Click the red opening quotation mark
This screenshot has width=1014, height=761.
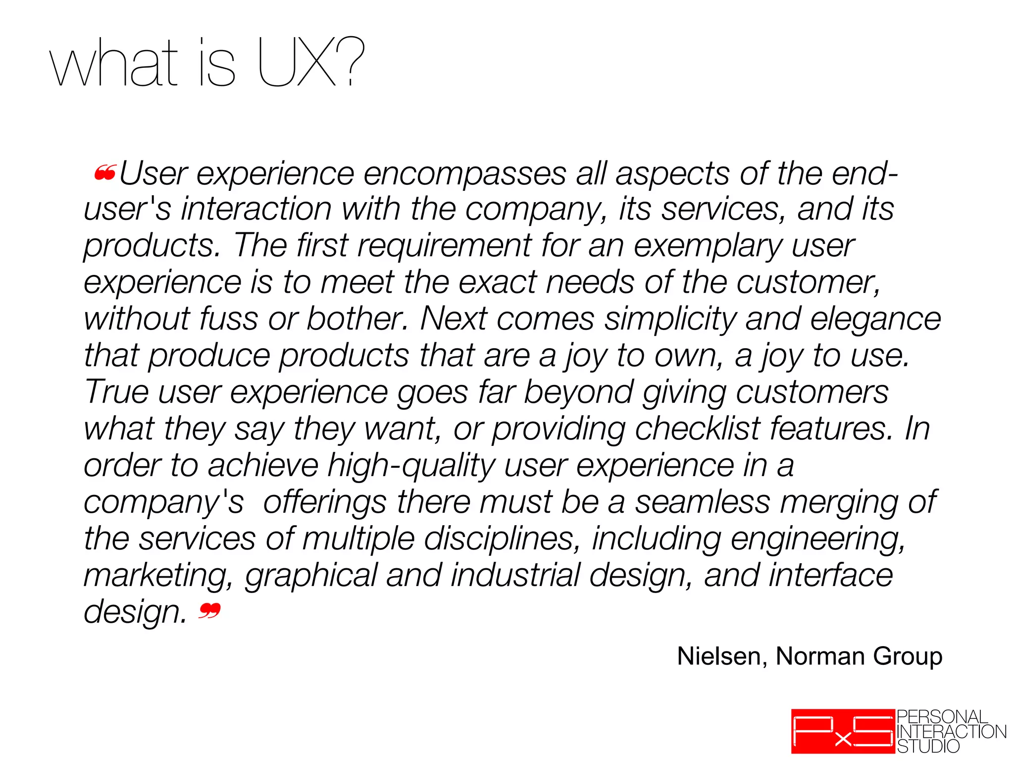pyautogui.click(x=105, y=173)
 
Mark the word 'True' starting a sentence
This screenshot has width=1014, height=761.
pyautogui.click(x=116, y=391)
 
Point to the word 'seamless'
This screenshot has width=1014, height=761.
pyautogui.click(x=703, y=502)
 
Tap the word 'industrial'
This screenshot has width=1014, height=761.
pyautogui.click(x=515, y=575)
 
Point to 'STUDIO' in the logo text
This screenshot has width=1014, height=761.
pyautogui.click(x=928, y=746)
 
